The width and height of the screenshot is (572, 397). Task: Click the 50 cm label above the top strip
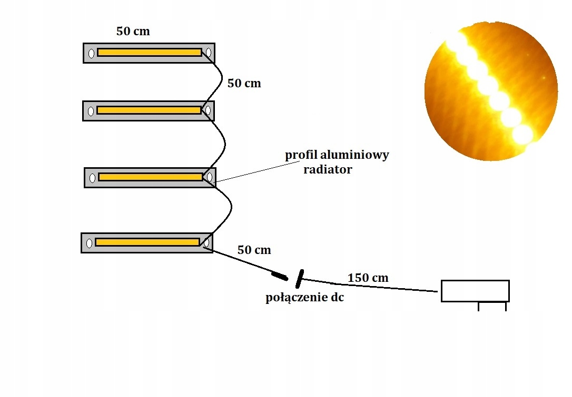pos(133,32)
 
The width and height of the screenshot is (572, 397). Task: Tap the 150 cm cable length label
pos(368,278)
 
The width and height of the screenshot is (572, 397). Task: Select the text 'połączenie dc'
pos(304,298)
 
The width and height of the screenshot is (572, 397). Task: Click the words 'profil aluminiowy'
pos(337,155)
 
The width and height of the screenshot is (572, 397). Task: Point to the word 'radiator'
pos(328,169)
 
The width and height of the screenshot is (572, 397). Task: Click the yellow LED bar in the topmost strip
pos(149,53)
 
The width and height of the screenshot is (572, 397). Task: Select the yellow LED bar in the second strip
pos(149,110)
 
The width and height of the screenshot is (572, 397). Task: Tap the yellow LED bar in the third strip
pos(150,177)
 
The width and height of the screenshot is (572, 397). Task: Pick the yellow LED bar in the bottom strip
pos(147,242)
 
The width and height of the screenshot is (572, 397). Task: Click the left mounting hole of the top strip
pos(91,53)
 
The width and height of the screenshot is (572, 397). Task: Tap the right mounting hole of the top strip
pos(209,53)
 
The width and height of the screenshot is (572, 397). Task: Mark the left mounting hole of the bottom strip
pos(89,243)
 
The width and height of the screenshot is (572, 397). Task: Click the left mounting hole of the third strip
pos(92,178)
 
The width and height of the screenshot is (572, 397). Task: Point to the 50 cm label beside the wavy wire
pos(244,83)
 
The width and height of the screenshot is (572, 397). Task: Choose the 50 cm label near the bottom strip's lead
pos(254,250)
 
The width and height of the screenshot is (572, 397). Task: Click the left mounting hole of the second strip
pos(91,111)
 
